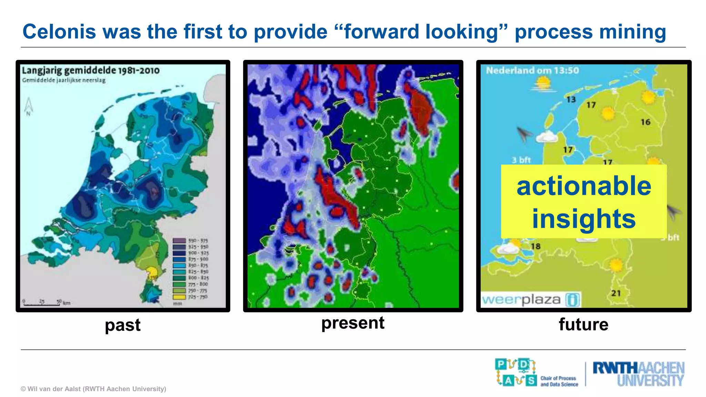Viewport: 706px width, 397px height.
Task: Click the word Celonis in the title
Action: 59,32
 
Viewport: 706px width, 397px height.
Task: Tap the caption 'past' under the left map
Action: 122,325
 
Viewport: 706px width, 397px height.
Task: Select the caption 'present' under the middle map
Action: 353,323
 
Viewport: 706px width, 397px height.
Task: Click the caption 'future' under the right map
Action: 583,324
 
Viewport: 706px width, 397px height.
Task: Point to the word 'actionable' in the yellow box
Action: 584,186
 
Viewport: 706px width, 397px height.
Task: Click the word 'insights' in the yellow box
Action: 584,218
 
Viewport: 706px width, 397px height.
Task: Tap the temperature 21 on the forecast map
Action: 616,293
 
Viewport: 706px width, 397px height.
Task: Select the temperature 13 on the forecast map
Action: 571,100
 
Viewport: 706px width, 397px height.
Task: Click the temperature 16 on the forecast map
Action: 645,122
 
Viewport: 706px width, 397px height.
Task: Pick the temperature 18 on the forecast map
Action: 535,246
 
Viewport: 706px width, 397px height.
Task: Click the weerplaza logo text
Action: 521,299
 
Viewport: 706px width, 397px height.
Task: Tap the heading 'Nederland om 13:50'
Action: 532,71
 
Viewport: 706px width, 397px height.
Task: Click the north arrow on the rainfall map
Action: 29,106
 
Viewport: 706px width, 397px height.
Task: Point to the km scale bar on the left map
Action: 42,303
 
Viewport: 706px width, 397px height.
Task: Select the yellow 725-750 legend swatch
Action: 179,297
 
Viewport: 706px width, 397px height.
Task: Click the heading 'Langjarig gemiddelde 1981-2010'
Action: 91,71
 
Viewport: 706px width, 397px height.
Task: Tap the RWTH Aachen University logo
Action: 638,374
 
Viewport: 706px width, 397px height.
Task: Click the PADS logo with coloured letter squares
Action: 516,372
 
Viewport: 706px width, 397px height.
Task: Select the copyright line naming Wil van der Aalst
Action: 93,389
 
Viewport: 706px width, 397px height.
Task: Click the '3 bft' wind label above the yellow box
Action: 521,160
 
